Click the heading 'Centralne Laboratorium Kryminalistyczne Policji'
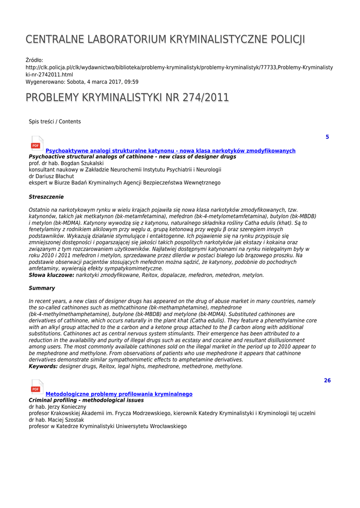[x=165, y=39]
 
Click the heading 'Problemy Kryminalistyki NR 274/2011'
[x=127, y=98]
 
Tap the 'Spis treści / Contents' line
[x=55, y=122]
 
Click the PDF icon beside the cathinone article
[x=37, y=144]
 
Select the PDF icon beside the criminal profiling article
[x=37, y=387]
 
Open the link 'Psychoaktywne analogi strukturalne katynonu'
[x=170, y=151]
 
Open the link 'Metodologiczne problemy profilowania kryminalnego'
[x=119, y=394]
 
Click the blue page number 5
[x=327, y=137]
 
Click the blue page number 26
[x=327, y=381]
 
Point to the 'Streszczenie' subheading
[x=46, y=197]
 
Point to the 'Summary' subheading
[x=42, y=288]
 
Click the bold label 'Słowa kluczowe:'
[x=52, y=275]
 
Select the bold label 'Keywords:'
[x=43, y=367]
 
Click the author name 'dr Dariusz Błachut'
[x=51, y=176]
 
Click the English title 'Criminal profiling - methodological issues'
[x=86, y=400]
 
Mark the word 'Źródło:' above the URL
[x=34, y=61]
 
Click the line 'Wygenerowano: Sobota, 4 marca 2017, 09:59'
[x=82, y=82]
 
